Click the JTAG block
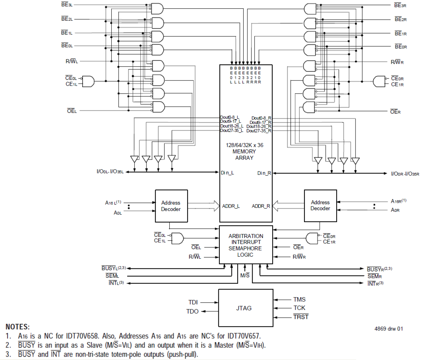245,308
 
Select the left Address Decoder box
171,206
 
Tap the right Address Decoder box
320,206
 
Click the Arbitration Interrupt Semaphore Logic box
246,245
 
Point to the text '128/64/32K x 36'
244,145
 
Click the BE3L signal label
67,5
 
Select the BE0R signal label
401,47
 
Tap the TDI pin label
193,302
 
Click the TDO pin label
192,311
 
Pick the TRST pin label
301,317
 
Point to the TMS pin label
299,300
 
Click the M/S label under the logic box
245,275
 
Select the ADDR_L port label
231,206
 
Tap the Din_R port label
264,173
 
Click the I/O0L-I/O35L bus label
110,172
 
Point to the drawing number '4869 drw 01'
388,329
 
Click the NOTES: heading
18,327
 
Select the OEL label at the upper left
72,111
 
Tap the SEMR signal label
375,276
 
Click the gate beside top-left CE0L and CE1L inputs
88,81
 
